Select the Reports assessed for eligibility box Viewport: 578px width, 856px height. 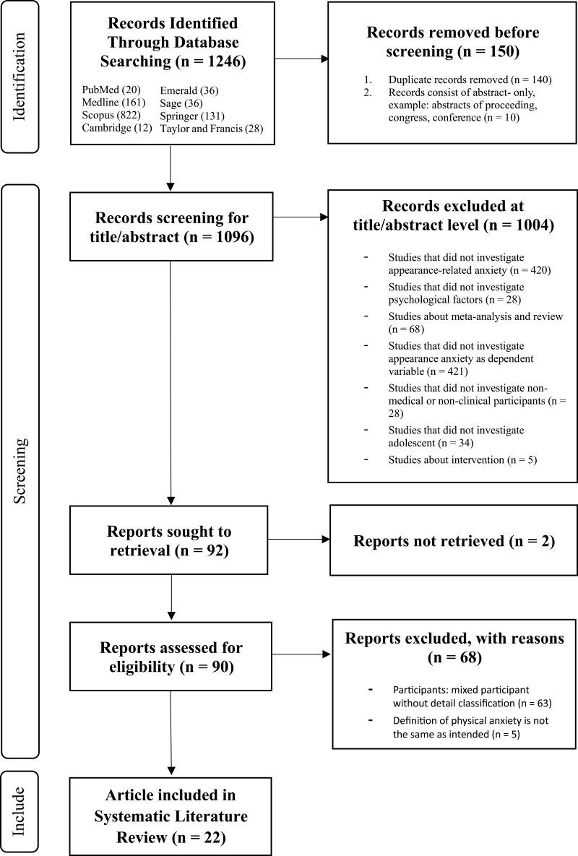[x=171, y=655]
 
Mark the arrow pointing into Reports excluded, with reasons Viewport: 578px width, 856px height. [x=301, y=655]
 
